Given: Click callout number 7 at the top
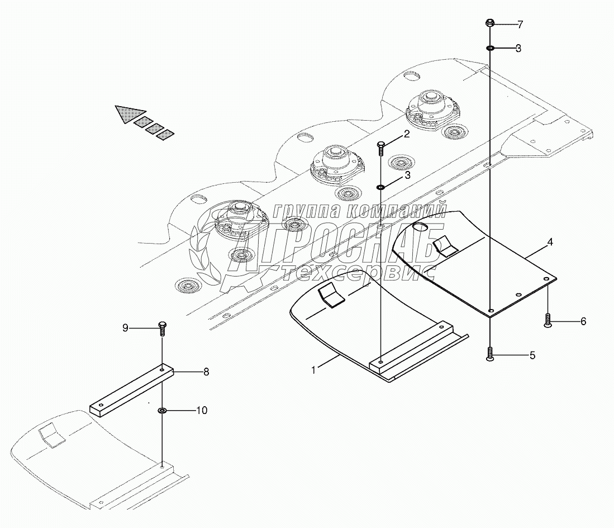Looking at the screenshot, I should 520,25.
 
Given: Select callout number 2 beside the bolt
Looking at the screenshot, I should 407,134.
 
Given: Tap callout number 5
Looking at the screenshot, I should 532,355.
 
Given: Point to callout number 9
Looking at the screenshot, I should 126,328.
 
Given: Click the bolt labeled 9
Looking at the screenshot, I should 162,328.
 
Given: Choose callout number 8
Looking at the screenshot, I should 206,372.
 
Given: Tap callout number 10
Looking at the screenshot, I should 201,411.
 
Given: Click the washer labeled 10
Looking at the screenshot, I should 162,411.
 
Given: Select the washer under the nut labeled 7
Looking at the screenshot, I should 489,49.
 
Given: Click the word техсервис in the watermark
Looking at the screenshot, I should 358,272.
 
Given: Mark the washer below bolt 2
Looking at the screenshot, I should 380,187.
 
